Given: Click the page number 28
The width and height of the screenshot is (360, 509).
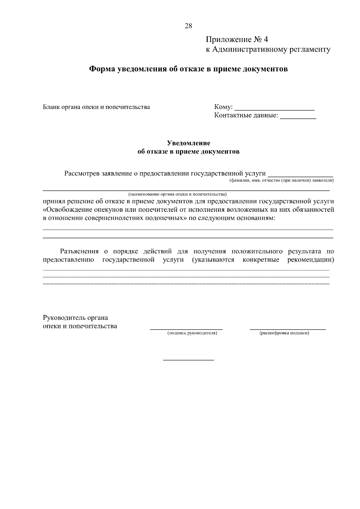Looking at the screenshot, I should pos(188,26).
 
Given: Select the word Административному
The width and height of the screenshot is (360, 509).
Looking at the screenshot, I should pos(249,49).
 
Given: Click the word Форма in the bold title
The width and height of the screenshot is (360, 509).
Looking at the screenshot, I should pos(102,69).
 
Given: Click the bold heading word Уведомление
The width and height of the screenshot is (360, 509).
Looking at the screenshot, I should pos(188,143).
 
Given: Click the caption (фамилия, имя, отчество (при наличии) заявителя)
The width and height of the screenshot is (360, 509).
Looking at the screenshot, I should pos(281,181).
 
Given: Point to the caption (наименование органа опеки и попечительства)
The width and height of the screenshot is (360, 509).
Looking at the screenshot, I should pos(177,194).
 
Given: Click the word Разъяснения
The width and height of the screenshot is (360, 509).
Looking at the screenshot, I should pos(79,251).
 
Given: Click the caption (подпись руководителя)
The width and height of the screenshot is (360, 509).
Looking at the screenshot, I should pos(192,333).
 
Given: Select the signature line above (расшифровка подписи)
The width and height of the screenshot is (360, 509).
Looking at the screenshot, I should pos(288,329).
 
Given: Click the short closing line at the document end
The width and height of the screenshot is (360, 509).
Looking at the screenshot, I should pos(188,360).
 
